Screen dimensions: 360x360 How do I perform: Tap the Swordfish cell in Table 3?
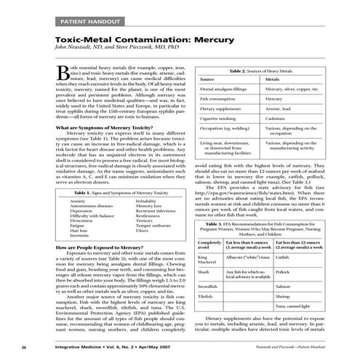coord(208,287)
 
